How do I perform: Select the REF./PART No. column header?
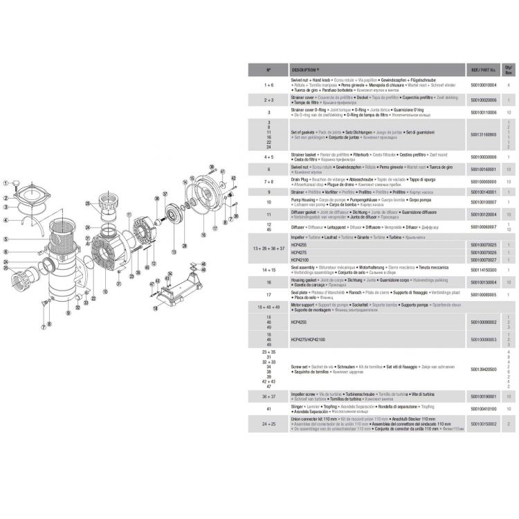(483, 70)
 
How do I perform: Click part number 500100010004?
(483, 84)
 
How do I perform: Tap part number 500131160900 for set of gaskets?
(483, 134)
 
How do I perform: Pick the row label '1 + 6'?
(268, 84)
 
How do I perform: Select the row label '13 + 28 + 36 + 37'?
(268, 247)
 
